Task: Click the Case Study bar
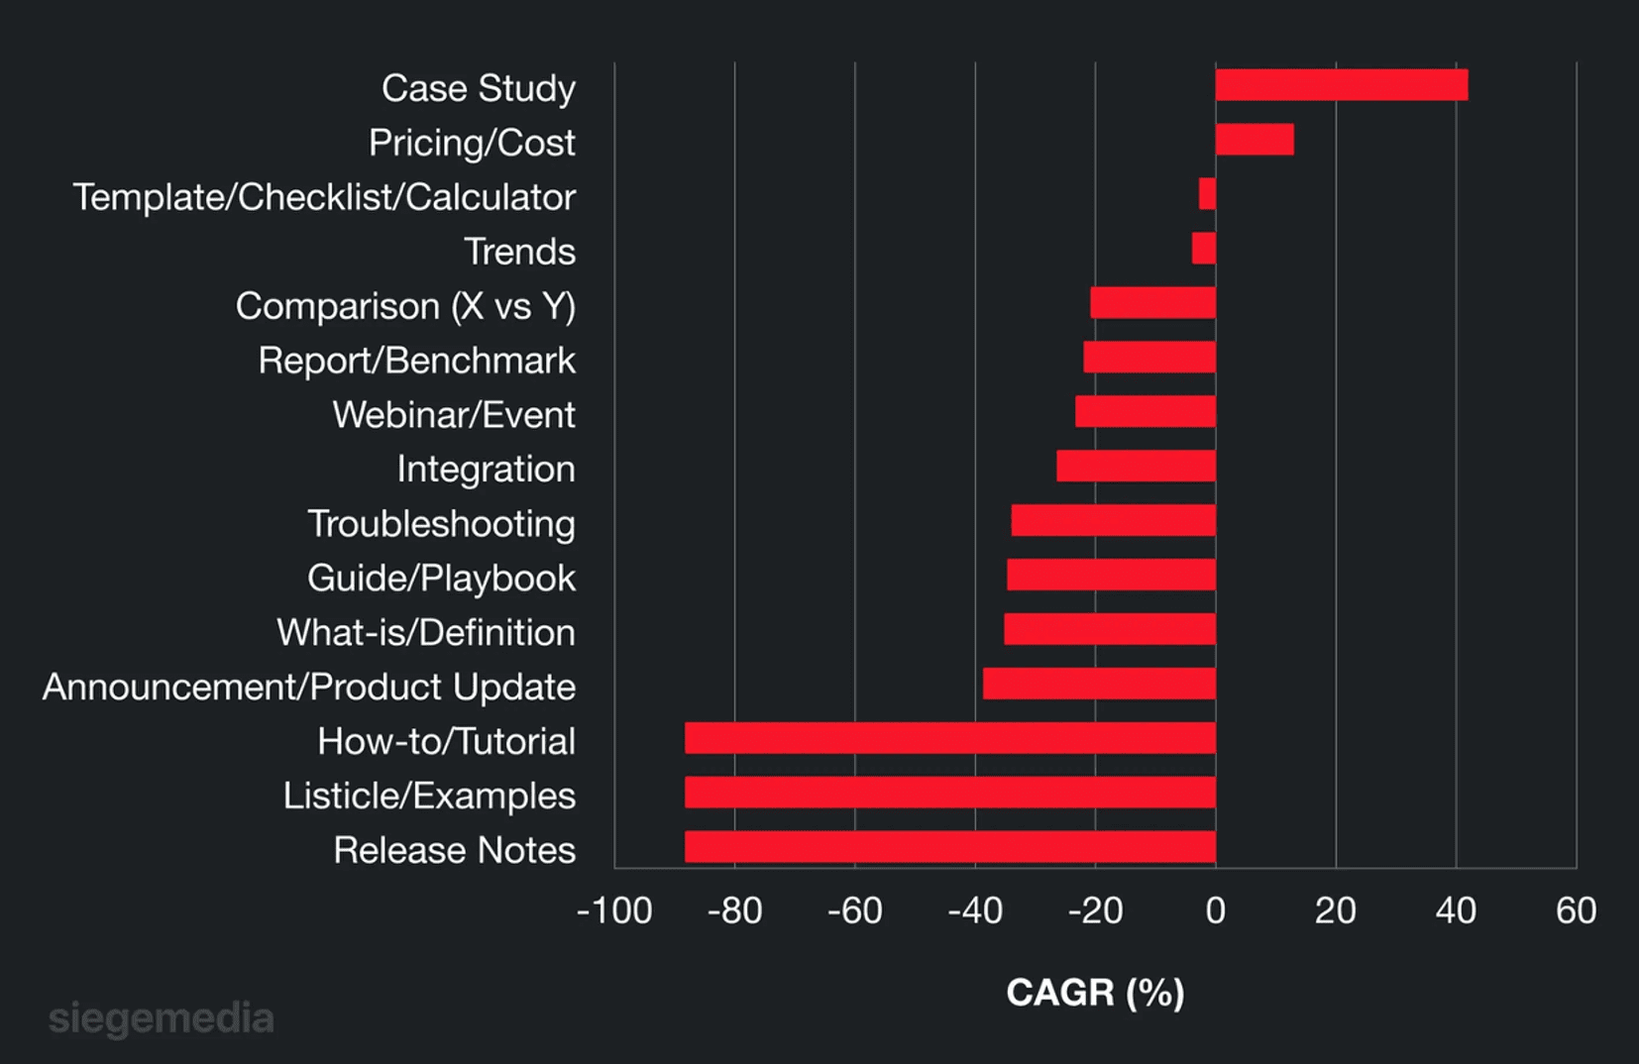[1341, 85]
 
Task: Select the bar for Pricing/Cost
[1255, 140]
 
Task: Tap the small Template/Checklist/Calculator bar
[1207, 194]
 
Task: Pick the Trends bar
[1204, 249]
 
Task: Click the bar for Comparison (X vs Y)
[1152, 303]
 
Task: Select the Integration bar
[1136, 466]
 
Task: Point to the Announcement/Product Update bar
[1099, 684]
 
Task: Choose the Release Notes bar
[949, 847]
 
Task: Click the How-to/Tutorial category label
[446, 741]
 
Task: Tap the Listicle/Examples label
[429, 796]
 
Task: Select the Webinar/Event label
[454, 415]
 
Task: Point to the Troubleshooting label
[441, 524]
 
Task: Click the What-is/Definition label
[426, 632]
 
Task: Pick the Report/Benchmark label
[416, 361]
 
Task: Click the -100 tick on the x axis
[614, 910]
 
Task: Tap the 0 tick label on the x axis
[1216, 910]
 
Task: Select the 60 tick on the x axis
[1576, 910]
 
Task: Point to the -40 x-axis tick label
[975, 910]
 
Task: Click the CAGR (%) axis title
[1095, 992]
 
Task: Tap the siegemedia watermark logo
[162, 1018]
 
